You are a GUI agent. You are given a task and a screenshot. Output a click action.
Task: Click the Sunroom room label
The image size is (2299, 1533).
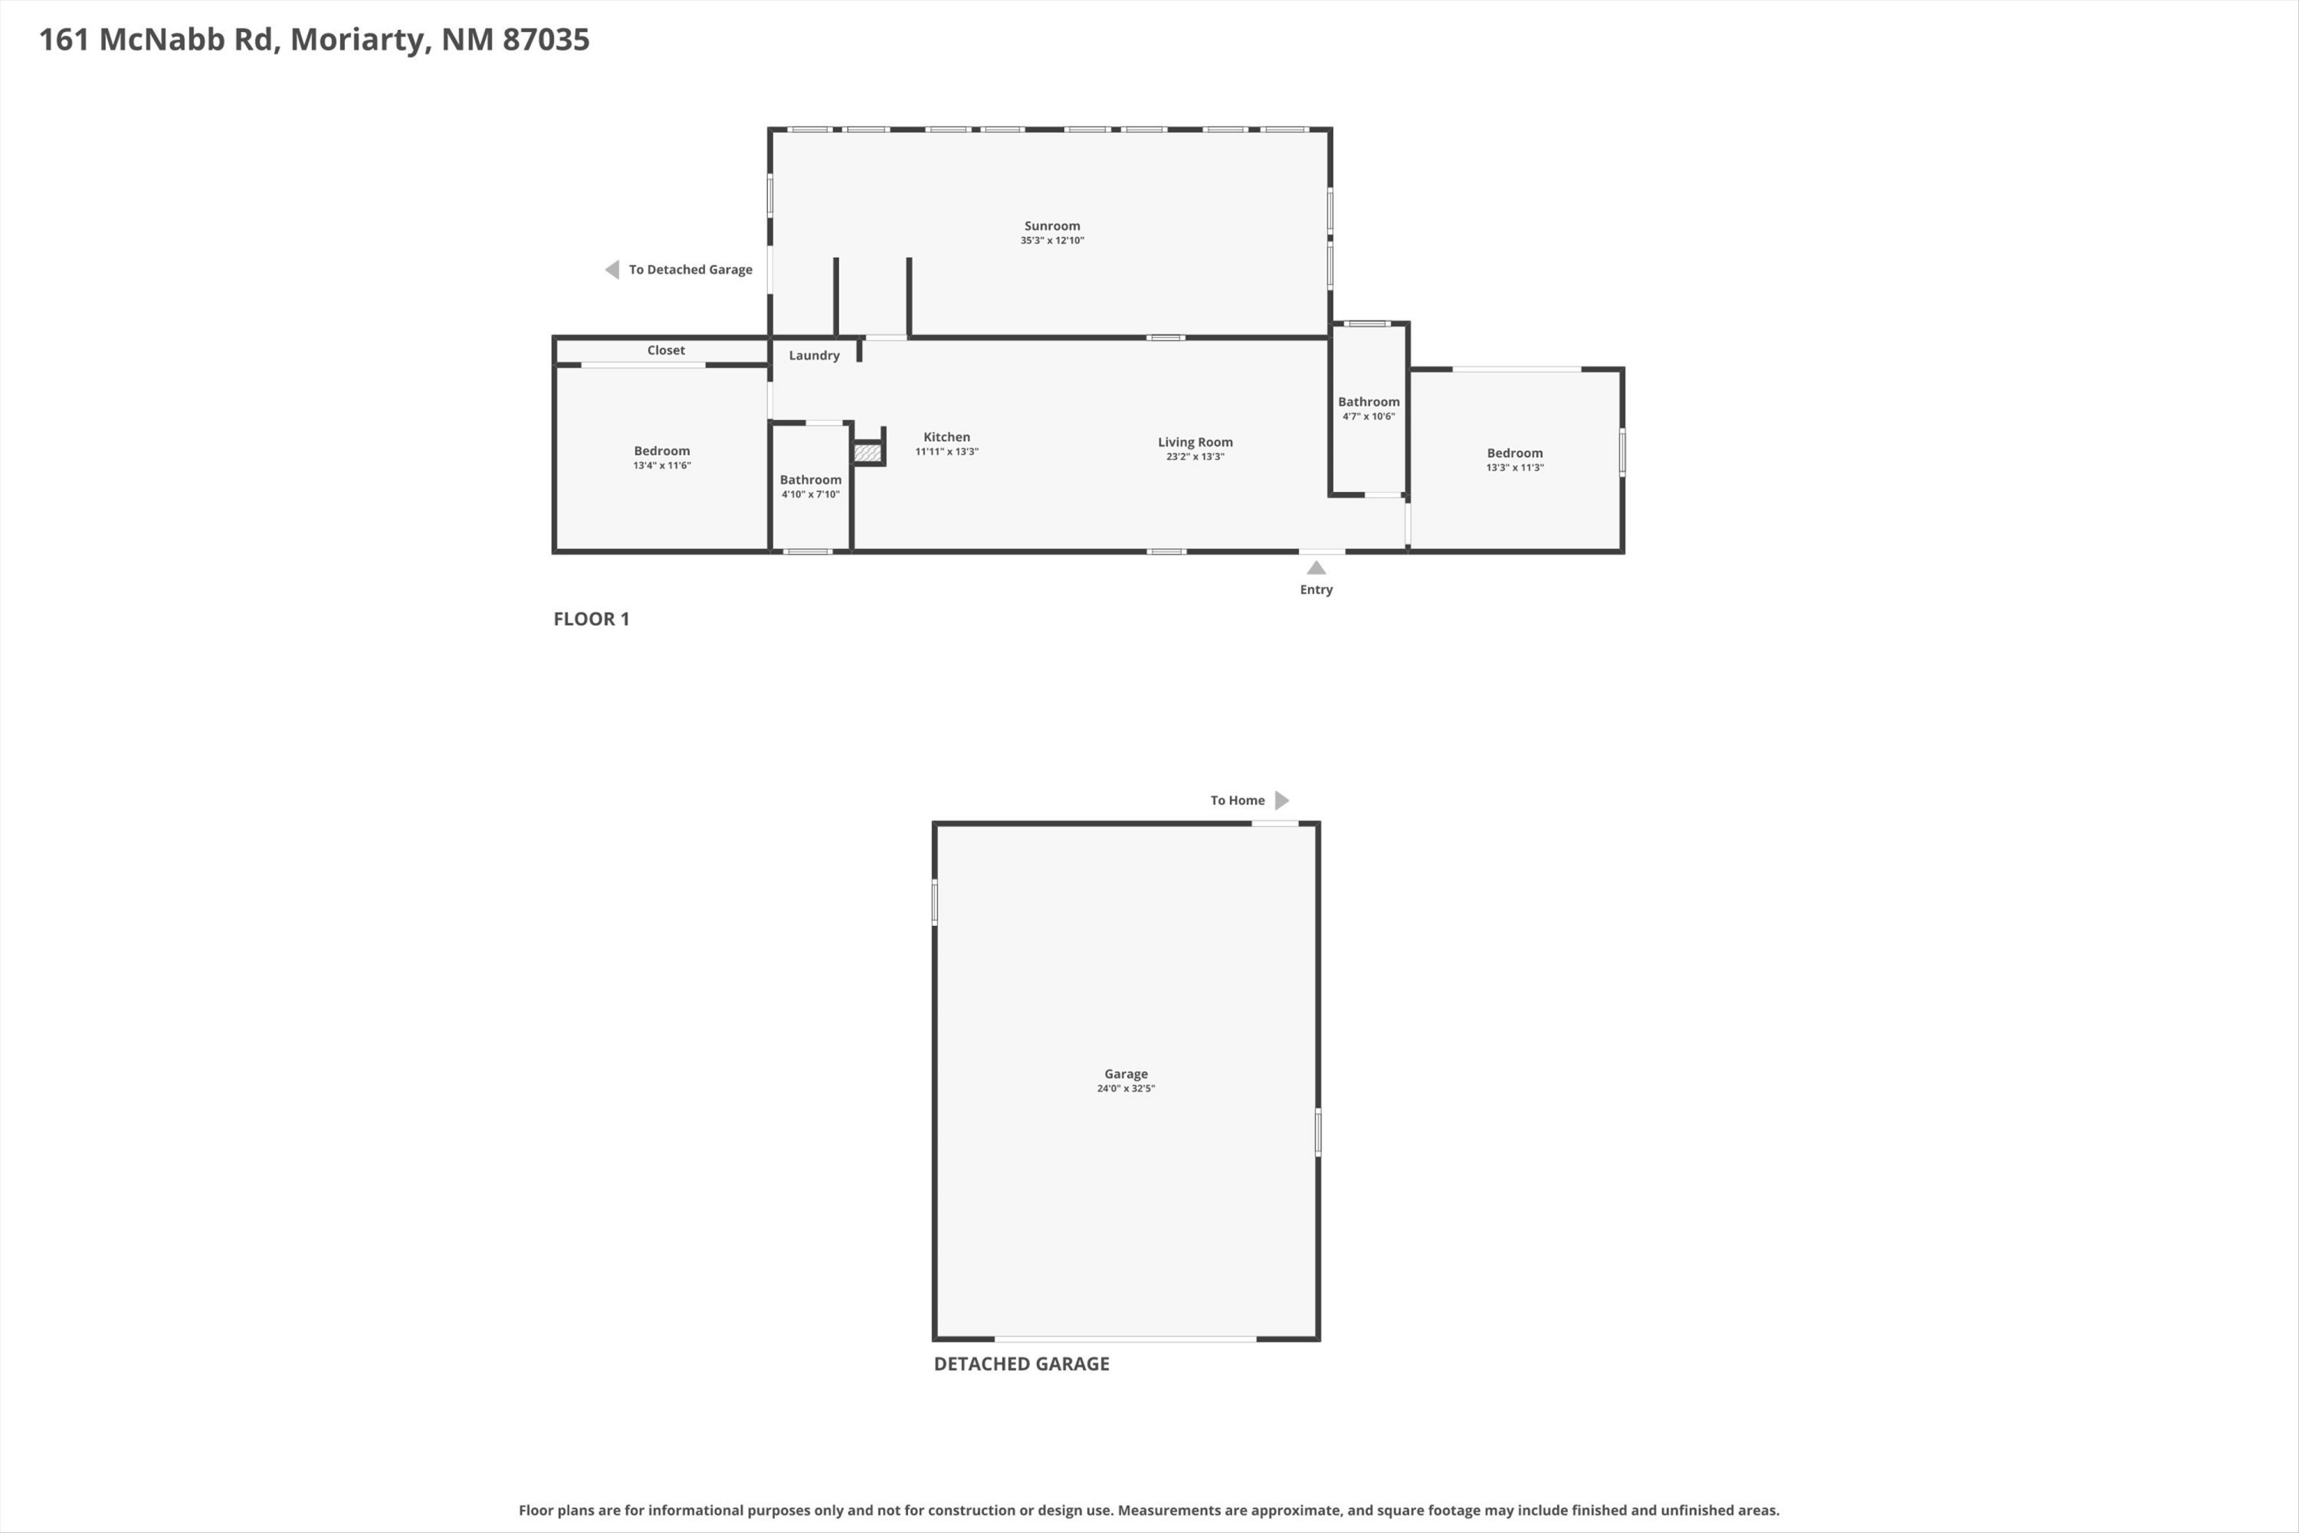pyautogui.click(x=1051, y=226)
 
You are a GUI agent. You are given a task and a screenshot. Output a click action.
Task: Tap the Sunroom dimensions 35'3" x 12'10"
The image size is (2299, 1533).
pyautogui.click(x=1051, y=241)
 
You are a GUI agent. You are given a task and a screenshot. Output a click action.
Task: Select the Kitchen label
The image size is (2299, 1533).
pyautogui.click(x=946, y=437)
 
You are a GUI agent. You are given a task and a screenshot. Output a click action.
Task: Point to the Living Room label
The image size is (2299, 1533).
pyautogui.click(x=1195, y=442)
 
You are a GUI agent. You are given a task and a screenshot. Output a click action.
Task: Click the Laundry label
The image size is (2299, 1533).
pyautogui.click(x=814, y=356)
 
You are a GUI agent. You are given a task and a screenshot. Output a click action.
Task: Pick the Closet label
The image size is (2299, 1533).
pyautogui.click(x=666, y=350)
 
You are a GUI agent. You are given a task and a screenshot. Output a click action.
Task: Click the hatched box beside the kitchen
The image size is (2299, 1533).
pyautogui.click(x=867, y=453)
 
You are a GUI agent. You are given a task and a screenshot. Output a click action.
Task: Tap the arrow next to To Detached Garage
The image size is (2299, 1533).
pyautogui.click(x=612, y=270)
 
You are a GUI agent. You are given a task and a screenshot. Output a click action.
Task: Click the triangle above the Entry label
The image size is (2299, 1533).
pyautogui.click(x=1317, y=568)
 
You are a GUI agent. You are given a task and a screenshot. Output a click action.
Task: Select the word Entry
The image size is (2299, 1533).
pyautogui.click(x=1316, y=589)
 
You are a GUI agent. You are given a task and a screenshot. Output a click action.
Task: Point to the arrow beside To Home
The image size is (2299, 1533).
pyautogui.click(x=1282, y=801)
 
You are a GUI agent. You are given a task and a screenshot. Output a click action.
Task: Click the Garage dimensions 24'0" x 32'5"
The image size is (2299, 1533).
pyautogui.click(x=1126, y=1089)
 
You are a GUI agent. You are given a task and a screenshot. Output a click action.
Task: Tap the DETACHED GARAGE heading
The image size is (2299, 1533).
pyautogui.click(x=1022, y=1364)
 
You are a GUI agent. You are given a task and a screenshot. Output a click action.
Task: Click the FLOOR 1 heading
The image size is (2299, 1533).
pyautogui.click(x=592, y=619)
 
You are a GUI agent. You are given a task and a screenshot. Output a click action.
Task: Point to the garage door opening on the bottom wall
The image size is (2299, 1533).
pyautogui.click(x=1125, y=1338)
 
